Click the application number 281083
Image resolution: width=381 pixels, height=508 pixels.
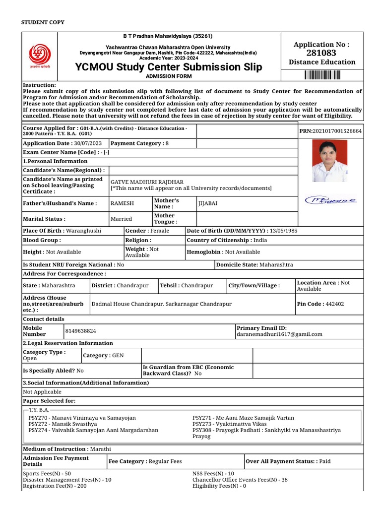click(321, 53)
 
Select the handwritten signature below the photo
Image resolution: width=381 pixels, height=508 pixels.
click(330, 200)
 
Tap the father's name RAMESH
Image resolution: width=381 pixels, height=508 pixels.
click(122, 203)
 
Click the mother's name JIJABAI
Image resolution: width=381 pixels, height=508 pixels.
click(208, 203)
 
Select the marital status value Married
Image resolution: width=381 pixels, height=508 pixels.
click(121, 219)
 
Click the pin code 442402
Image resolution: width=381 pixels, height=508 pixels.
click(335, 304)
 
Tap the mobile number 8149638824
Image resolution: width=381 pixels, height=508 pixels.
click(81, 330)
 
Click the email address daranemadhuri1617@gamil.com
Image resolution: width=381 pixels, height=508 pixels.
click(279, 334)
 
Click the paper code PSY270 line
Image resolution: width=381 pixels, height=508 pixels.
click(82, 418)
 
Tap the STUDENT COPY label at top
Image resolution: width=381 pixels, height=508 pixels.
click(43, 22)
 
